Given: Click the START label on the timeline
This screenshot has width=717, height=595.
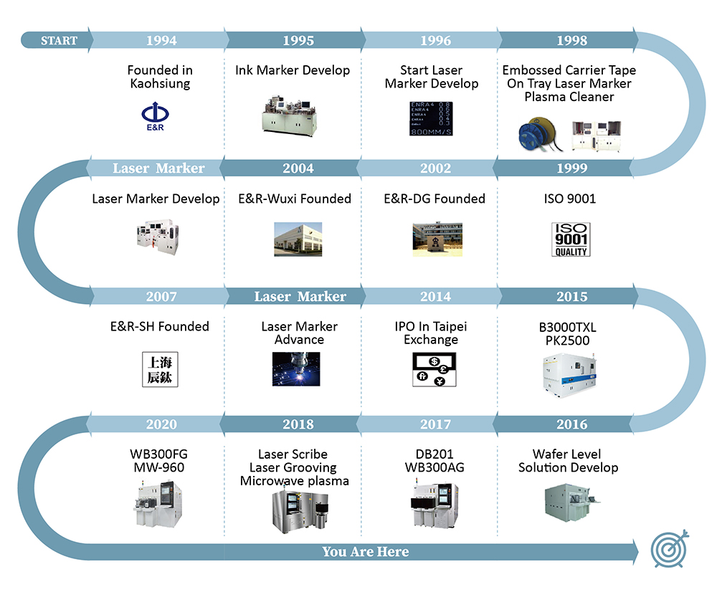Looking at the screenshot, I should (59, 40).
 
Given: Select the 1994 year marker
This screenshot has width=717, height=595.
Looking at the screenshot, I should (161, 40).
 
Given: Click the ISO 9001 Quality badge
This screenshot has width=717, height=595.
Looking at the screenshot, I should (571, 239).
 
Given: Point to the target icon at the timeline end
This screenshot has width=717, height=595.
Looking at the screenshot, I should (670, 549).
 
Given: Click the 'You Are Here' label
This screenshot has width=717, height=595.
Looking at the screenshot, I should (366, 551).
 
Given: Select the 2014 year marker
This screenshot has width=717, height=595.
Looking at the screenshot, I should (435, 296).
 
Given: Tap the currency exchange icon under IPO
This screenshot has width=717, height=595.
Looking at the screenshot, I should (430, 370).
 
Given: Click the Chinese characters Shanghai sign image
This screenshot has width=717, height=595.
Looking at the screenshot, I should (159, 370).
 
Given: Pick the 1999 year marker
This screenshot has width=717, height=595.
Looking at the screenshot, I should (571, 168).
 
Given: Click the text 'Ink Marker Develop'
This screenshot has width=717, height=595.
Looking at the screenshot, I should (293, 70).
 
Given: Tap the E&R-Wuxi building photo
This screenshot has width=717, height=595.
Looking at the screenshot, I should (298, 239).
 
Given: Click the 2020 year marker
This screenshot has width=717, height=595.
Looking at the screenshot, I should (161, 424).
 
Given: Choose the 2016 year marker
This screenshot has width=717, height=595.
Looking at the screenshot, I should (571, 424).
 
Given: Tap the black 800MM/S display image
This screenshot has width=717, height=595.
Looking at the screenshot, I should (430, 118).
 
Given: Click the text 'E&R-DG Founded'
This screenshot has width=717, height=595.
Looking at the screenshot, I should (435, 199).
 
